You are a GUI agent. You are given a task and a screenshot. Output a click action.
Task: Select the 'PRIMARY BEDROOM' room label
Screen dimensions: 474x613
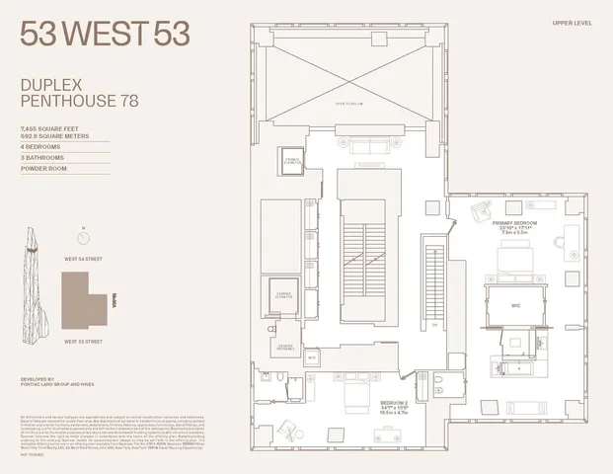(512, 223)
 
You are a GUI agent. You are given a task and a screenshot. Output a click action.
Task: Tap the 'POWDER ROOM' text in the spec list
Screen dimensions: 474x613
(45, 168)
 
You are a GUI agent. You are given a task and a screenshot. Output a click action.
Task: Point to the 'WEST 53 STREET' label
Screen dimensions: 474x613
(83, 341)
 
